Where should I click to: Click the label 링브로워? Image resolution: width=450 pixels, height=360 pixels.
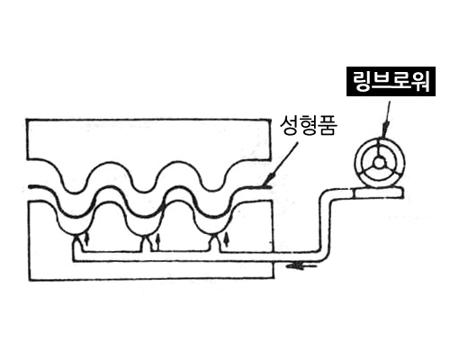tap(391, 81)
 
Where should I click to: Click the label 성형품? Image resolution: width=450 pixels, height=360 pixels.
tap(309, 126)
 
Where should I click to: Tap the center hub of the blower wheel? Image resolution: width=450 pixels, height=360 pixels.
tap(380, 163)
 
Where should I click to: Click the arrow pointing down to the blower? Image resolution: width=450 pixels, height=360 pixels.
tap(386, 120)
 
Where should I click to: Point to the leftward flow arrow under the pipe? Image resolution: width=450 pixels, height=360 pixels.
tap(301, 265)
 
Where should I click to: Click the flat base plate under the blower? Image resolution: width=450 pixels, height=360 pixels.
tap(377, 193)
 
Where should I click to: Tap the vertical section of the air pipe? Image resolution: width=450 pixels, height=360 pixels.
tap(325, 225)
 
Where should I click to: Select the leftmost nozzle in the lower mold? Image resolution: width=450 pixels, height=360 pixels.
tap(78, 242)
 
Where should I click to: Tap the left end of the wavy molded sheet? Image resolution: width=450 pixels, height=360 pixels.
tap(30, 187)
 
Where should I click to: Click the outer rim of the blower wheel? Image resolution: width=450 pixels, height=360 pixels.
tap(380, 139)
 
